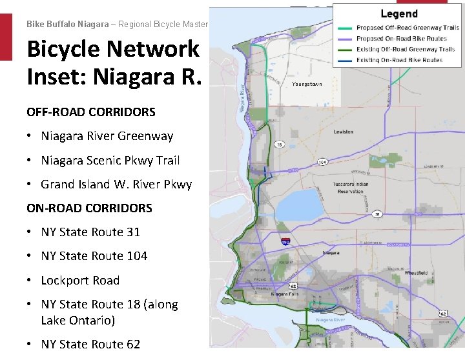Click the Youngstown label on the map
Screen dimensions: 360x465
click(307, 85)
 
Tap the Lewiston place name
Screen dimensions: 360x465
click(343, 132)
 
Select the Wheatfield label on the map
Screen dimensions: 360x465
click(416, 274)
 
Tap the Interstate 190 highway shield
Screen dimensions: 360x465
click(285, 241)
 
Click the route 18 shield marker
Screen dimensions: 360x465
click(279, 145)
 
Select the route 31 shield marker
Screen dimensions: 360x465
click(376, 214)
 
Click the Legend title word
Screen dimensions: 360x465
click(398, 14)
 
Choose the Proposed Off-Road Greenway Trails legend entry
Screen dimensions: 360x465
click(408, 28)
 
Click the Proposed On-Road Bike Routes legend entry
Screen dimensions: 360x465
click(407, 39)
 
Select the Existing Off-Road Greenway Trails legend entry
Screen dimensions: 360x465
click(406, 49)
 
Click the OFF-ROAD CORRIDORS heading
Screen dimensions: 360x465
click(91, 112)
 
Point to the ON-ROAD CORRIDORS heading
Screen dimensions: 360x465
click(89, 208)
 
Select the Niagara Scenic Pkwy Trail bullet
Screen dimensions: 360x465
click(110, 161)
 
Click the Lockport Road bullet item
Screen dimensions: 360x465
click(80, 281)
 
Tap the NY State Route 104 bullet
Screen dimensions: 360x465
click(94, 256)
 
